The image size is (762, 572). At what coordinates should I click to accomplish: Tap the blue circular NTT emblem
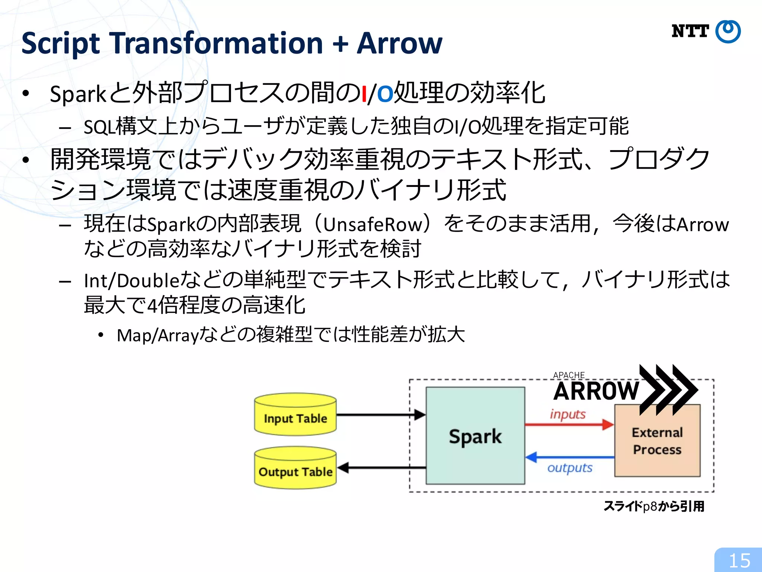728,32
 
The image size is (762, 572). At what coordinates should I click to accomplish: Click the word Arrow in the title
400,44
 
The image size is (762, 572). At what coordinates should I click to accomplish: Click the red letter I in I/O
364,94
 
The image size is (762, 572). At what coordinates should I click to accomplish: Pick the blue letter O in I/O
385,94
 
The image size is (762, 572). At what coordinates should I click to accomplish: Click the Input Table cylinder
295,415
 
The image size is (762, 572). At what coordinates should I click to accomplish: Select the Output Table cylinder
295,468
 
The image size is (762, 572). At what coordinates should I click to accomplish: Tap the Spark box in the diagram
475,436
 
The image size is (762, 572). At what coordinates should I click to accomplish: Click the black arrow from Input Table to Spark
380,414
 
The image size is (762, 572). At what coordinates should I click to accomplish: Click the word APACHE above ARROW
569,375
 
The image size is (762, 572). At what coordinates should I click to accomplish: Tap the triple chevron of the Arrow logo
668,390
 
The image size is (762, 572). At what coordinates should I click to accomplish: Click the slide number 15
739,560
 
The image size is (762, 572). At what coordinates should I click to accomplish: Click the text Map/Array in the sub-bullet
158,335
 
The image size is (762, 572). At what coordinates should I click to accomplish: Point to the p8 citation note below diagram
654,506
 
